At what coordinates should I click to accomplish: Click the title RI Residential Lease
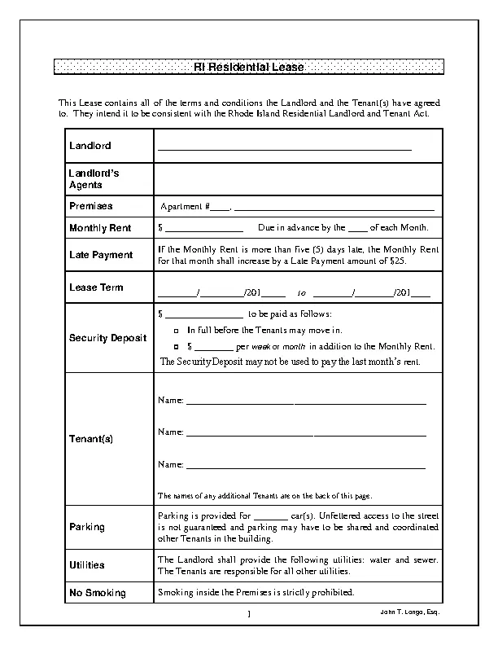(249, 68)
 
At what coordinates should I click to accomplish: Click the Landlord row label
(90, 146)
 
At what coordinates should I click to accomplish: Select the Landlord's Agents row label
(94, 179)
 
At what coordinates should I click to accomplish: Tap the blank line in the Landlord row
(284, 149)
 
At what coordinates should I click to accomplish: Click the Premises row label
(90, 206)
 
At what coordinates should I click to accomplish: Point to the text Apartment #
(185, 207)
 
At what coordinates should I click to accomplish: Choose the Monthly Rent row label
(100, 228)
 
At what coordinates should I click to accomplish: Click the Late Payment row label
(101, 255)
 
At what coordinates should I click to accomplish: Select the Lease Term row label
(96, 287)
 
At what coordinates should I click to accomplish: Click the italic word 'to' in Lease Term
(302, 292)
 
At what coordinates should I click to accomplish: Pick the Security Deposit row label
(108, 338)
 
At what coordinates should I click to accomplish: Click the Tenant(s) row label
(91, 439)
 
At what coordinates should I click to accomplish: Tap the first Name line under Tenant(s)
(305, 401)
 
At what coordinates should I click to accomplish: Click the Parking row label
(87, 527)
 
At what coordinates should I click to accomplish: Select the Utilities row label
(87, 564)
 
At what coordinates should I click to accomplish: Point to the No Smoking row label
(97, 593)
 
